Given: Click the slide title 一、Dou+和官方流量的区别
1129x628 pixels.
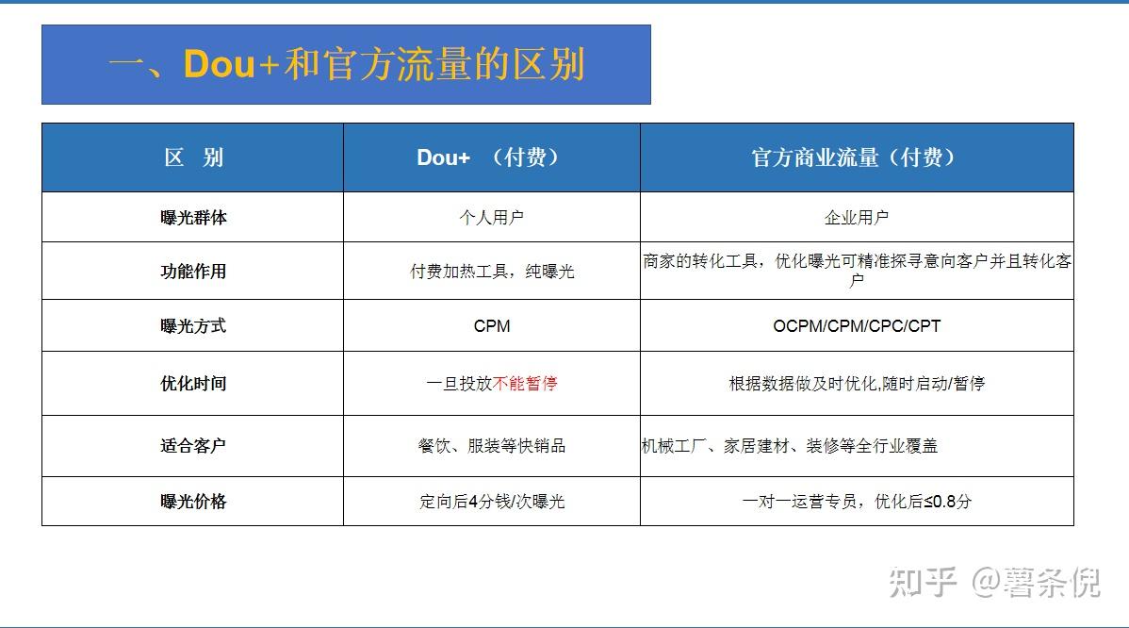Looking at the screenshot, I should [346, 64].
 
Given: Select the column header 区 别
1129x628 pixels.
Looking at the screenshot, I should [193, 157].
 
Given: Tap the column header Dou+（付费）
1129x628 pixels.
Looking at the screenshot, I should [491, 157].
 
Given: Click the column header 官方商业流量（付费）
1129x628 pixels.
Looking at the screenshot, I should [856, 157].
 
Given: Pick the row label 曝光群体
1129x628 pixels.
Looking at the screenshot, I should [193, 217].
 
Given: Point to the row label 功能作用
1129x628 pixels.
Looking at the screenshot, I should [193, 272].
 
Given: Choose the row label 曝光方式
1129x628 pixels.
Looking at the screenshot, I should [193, 326].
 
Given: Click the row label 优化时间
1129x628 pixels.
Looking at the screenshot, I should [193, 384].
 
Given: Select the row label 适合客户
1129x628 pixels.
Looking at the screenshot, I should [193, 446].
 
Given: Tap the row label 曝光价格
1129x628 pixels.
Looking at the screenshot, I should [193, 502].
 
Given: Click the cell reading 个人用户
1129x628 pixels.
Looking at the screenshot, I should [491, 217].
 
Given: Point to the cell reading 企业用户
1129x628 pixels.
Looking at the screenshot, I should [856, 217].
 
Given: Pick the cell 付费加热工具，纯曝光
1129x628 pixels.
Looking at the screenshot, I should [491, 272].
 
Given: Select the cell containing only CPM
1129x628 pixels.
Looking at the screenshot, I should [491, 326].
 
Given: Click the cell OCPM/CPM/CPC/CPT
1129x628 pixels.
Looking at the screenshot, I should [856, 326].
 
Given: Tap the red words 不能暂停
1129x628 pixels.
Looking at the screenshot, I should [525, 384].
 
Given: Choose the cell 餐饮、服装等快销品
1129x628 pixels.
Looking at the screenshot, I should [491, 446].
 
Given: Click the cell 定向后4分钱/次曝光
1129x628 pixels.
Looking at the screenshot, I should [491, 502].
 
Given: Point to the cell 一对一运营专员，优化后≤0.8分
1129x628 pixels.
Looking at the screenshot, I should [856, 502].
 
